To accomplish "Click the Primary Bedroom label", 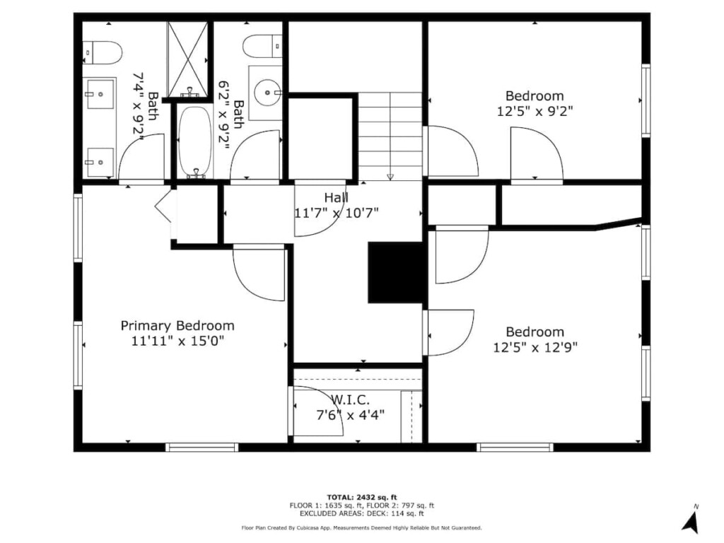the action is click(177, 326).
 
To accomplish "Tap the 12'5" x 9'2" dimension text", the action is click(535, 111).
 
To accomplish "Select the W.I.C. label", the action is click(351, 400).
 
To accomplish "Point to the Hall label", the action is click(336, 198).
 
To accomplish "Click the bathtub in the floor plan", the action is click(196, 141).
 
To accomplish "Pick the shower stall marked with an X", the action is click(187, 59).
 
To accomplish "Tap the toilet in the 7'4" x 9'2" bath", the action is click(102, 52).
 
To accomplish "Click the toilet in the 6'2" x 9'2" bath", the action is click(262, 46).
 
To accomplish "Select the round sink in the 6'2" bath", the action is click(268, 93).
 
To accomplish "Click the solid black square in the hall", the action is click(395, 272).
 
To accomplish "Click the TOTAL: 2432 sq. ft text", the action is click(362, 497).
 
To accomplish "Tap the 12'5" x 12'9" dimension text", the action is click(535, 346).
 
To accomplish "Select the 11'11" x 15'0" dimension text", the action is click(177, 341).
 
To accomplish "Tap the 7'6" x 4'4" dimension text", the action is click(351, 415).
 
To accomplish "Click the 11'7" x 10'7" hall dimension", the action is click(336, 213).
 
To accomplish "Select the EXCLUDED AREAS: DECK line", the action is click(362, 513).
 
